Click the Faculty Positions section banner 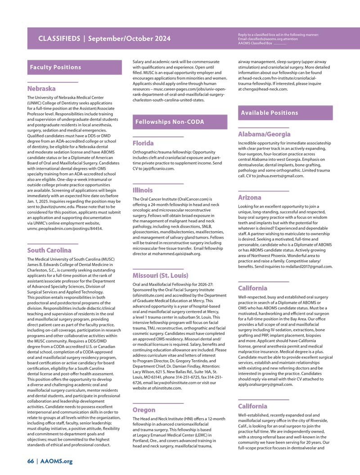point(55,68)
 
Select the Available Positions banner point(269,113)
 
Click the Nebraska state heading point(41,89)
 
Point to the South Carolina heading point(49,250)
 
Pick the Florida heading point(143,143)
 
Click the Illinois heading point(143,190)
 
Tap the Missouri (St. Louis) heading point(160,275)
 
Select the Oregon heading point(144,410)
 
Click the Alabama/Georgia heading point(264,134)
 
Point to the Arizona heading point(249,198)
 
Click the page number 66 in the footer point(31,461)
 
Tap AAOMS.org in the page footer point(56,461)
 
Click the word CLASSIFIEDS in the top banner point(59,39)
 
